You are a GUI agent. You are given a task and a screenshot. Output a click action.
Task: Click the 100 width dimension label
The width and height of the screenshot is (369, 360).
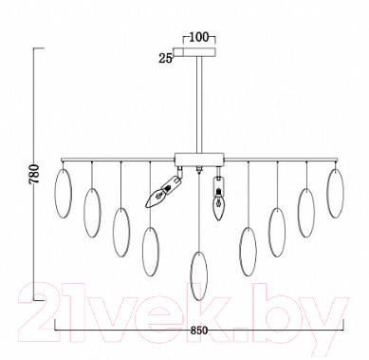pos(199,37)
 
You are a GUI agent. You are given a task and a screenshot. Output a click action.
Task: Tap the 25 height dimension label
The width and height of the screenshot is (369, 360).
pos(165,58)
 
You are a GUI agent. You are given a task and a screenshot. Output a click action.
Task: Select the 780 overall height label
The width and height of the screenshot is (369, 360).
pos(34,174)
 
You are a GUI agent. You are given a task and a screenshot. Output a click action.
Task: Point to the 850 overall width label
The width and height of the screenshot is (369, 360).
pos(199,331)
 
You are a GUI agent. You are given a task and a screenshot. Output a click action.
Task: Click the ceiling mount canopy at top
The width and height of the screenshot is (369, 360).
pos(194,52)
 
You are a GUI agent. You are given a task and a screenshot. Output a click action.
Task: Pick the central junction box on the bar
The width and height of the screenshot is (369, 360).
pos(199,160)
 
